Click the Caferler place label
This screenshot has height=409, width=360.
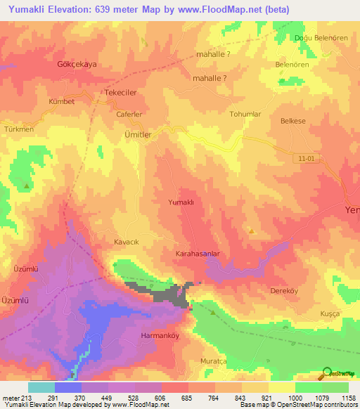point(129,114)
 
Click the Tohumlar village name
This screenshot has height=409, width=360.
point(245,114)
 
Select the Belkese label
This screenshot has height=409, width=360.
point(293,121)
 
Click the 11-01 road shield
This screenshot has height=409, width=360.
point(307,159)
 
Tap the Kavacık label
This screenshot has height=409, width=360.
point(127,241)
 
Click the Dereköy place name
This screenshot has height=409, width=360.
point(286,290)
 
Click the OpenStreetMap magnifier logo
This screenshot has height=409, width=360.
point(326,372)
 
